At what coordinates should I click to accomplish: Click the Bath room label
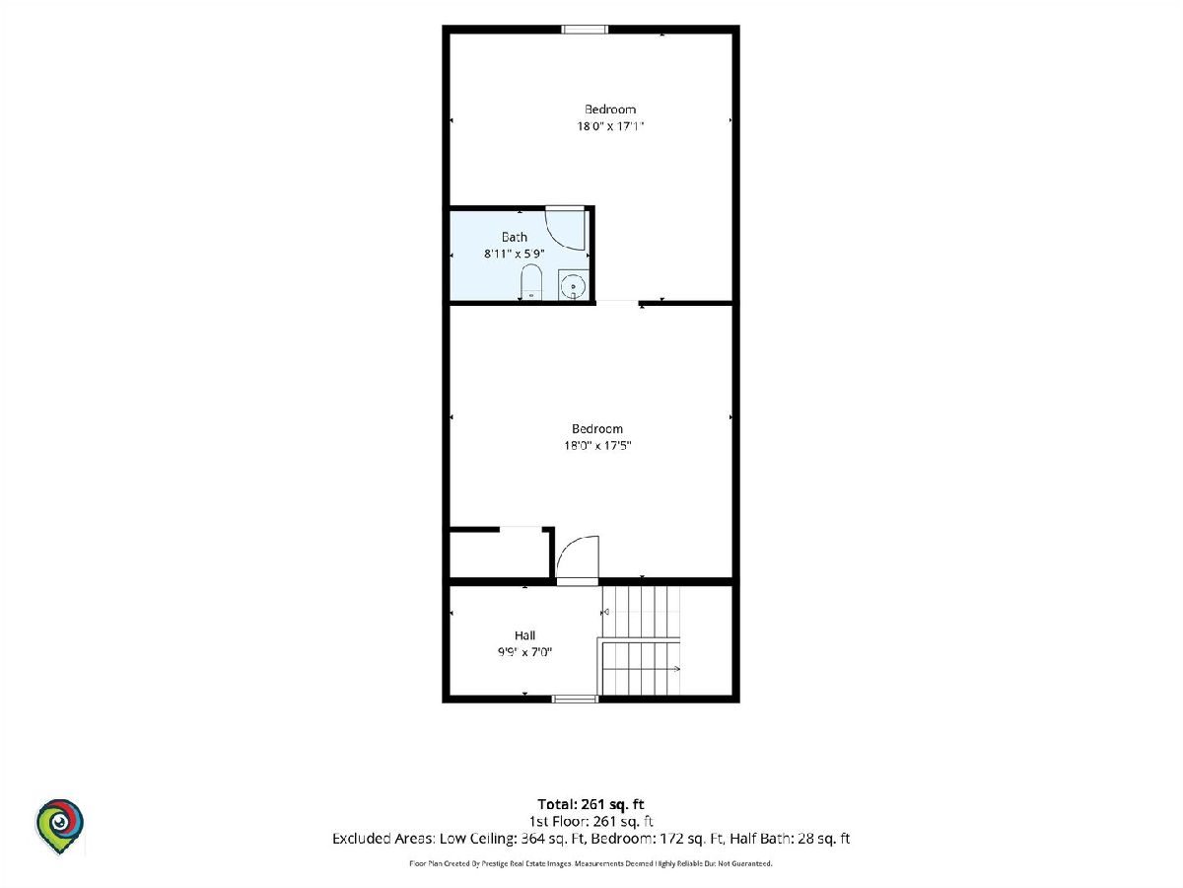click(x=515, y=237)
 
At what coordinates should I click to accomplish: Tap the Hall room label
click(x=524, y=635)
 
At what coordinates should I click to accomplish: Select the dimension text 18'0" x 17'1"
click(x=610, y=126)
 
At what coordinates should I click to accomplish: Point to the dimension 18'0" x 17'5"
click(x=597, y=445)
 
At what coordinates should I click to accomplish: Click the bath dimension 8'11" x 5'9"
click(x=515, y=254)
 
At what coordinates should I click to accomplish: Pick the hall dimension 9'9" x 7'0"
click(x=524, y=652)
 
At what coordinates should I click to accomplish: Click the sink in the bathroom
click(x=573, y=285)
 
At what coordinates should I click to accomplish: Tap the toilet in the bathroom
click(x=531, y=282)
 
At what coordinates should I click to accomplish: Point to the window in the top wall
click(x=585, y=30)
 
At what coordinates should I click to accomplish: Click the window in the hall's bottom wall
click(x=575, y=700)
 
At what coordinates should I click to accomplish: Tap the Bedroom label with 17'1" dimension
click(x=610, y=110)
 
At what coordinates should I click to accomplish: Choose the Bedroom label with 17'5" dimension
click(x=597, y=428)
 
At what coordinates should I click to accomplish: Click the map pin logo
click(x=60, y=826)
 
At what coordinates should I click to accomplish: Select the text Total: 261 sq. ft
click(x=591, y=804)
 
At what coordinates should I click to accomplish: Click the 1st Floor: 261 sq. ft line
click(x=591, y=821)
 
